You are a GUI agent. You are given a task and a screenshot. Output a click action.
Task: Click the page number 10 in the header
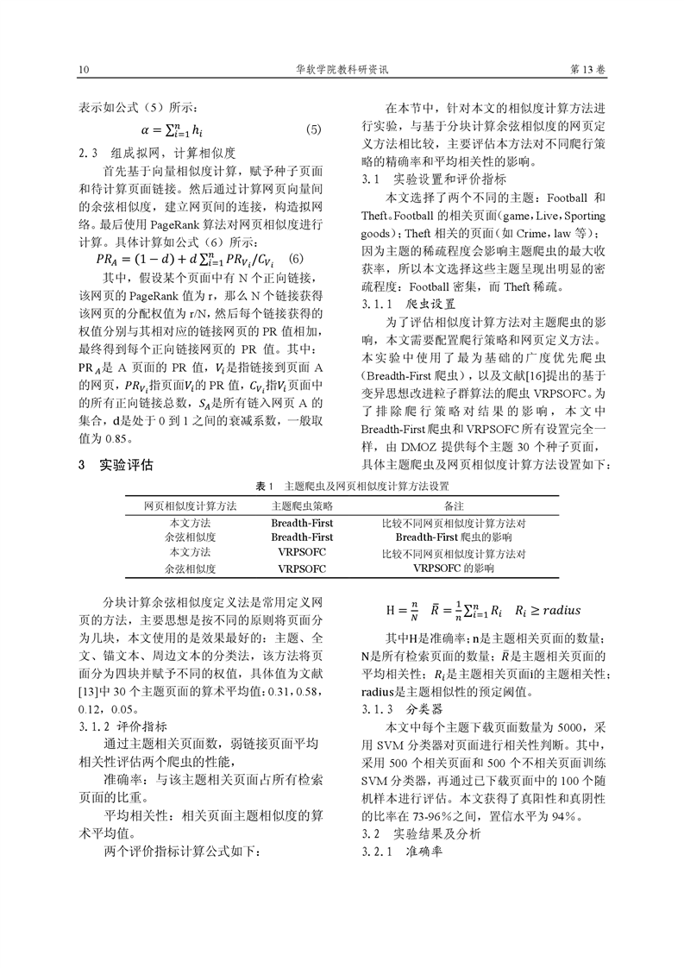click(83, 68)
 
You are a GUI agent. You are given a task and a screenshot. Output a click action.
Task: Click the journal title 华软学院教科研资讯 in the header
click(342, 68)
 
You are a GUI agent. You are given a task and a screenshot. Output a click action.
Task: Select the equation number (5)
click(313, 130)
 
